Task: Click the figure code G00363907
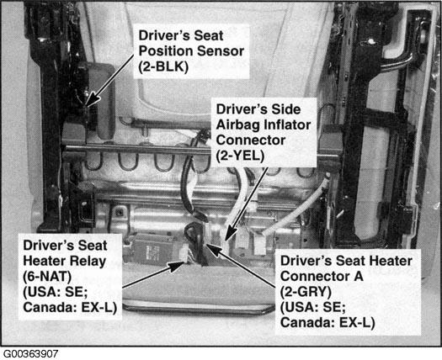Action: (x=30, y=354)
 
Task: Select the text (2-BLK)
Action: (x=163, y=67)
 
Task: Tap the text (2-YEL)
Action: (x=240, y=156)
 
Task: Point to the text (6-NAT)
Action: (x=47, y=277)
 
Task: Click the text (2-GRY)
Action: (x=306, y=292)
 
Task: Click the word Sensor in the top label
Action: (x=221, y=51)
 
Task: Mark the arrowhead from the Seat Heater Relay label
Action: (x=176, y=265)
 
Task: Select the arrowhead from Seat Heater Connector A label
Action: (x=214, y=250)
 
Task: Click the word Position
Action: (x=166, y=51)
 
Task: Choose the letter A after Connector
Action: (x=359, y=277)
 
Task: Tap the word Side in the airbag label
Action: (x=286, y=109)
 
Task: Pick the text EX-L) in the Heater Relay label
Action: (x=99, y=307)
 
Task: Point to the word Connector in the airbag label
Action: (x=251, y=140)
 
